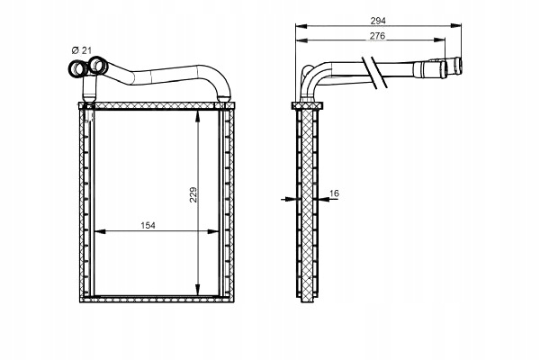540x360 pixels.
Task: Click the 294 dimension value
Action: click(378, 21)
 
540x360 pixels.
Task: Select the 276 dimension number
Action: click(377, 35)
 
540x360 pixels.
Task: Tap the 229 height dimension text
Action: click(193, 194)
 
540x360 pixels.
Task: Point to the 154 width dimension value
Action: click(148, 225)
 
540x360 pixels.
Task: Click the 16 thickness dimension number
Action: click(334, 193)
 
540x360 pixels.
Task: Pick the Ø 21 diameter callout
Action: click(82, 50)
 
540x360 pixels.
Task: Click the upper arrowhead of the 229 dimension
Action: click(197, 116)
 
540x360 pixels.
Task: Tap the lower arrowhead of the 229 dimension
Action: click(197, 290)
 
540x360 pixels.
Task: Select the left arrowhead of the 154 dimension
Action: click(100, 232)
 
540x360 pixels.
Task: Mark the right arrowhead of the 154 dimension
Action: click(213, 232)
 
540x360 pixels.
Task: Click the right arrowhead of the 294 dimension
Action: click(455, 25)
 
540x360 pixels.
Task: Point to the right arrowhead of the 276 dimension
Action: click(439, 40)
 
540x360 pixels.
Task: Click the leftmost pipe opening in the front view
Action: click(78, 69)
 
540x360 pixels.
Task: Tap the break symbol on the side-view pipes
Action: click(374, 73)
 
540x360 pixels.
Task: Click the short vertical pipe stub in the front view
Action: click(89, 89)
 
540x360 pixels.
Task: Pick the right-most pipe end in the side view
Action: click(458, 66)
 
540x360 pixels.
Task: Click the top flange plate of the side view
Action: click(307, 105)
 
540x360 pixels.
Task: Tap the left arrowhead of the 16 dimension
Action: click(291, 199)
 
